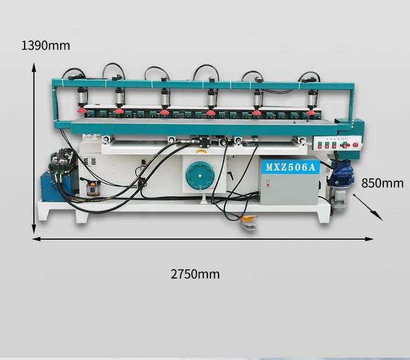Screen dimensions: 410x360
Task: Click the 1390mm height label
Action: coord(46,46)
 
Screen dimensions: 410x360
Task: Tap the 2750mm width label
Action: coord(195,274)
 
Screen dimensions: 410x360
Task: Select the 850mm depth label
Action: coord(383,183)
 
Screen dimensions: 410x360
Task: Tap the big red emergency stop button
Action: coord(356,145)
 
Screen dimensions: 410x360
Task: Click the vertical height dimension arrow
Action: coord(34,148)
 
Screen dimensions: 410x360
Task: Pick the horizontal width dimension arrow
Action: coord(202,239)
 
